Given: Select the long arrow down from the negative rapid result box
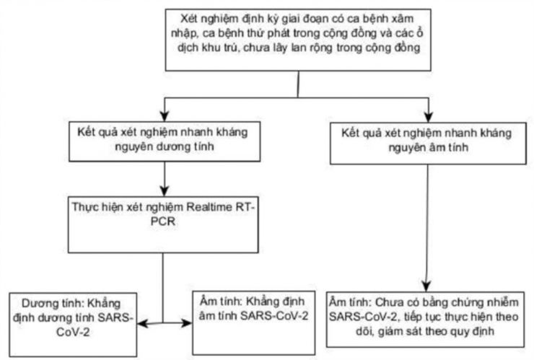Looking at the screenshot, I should pos(429,224).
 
